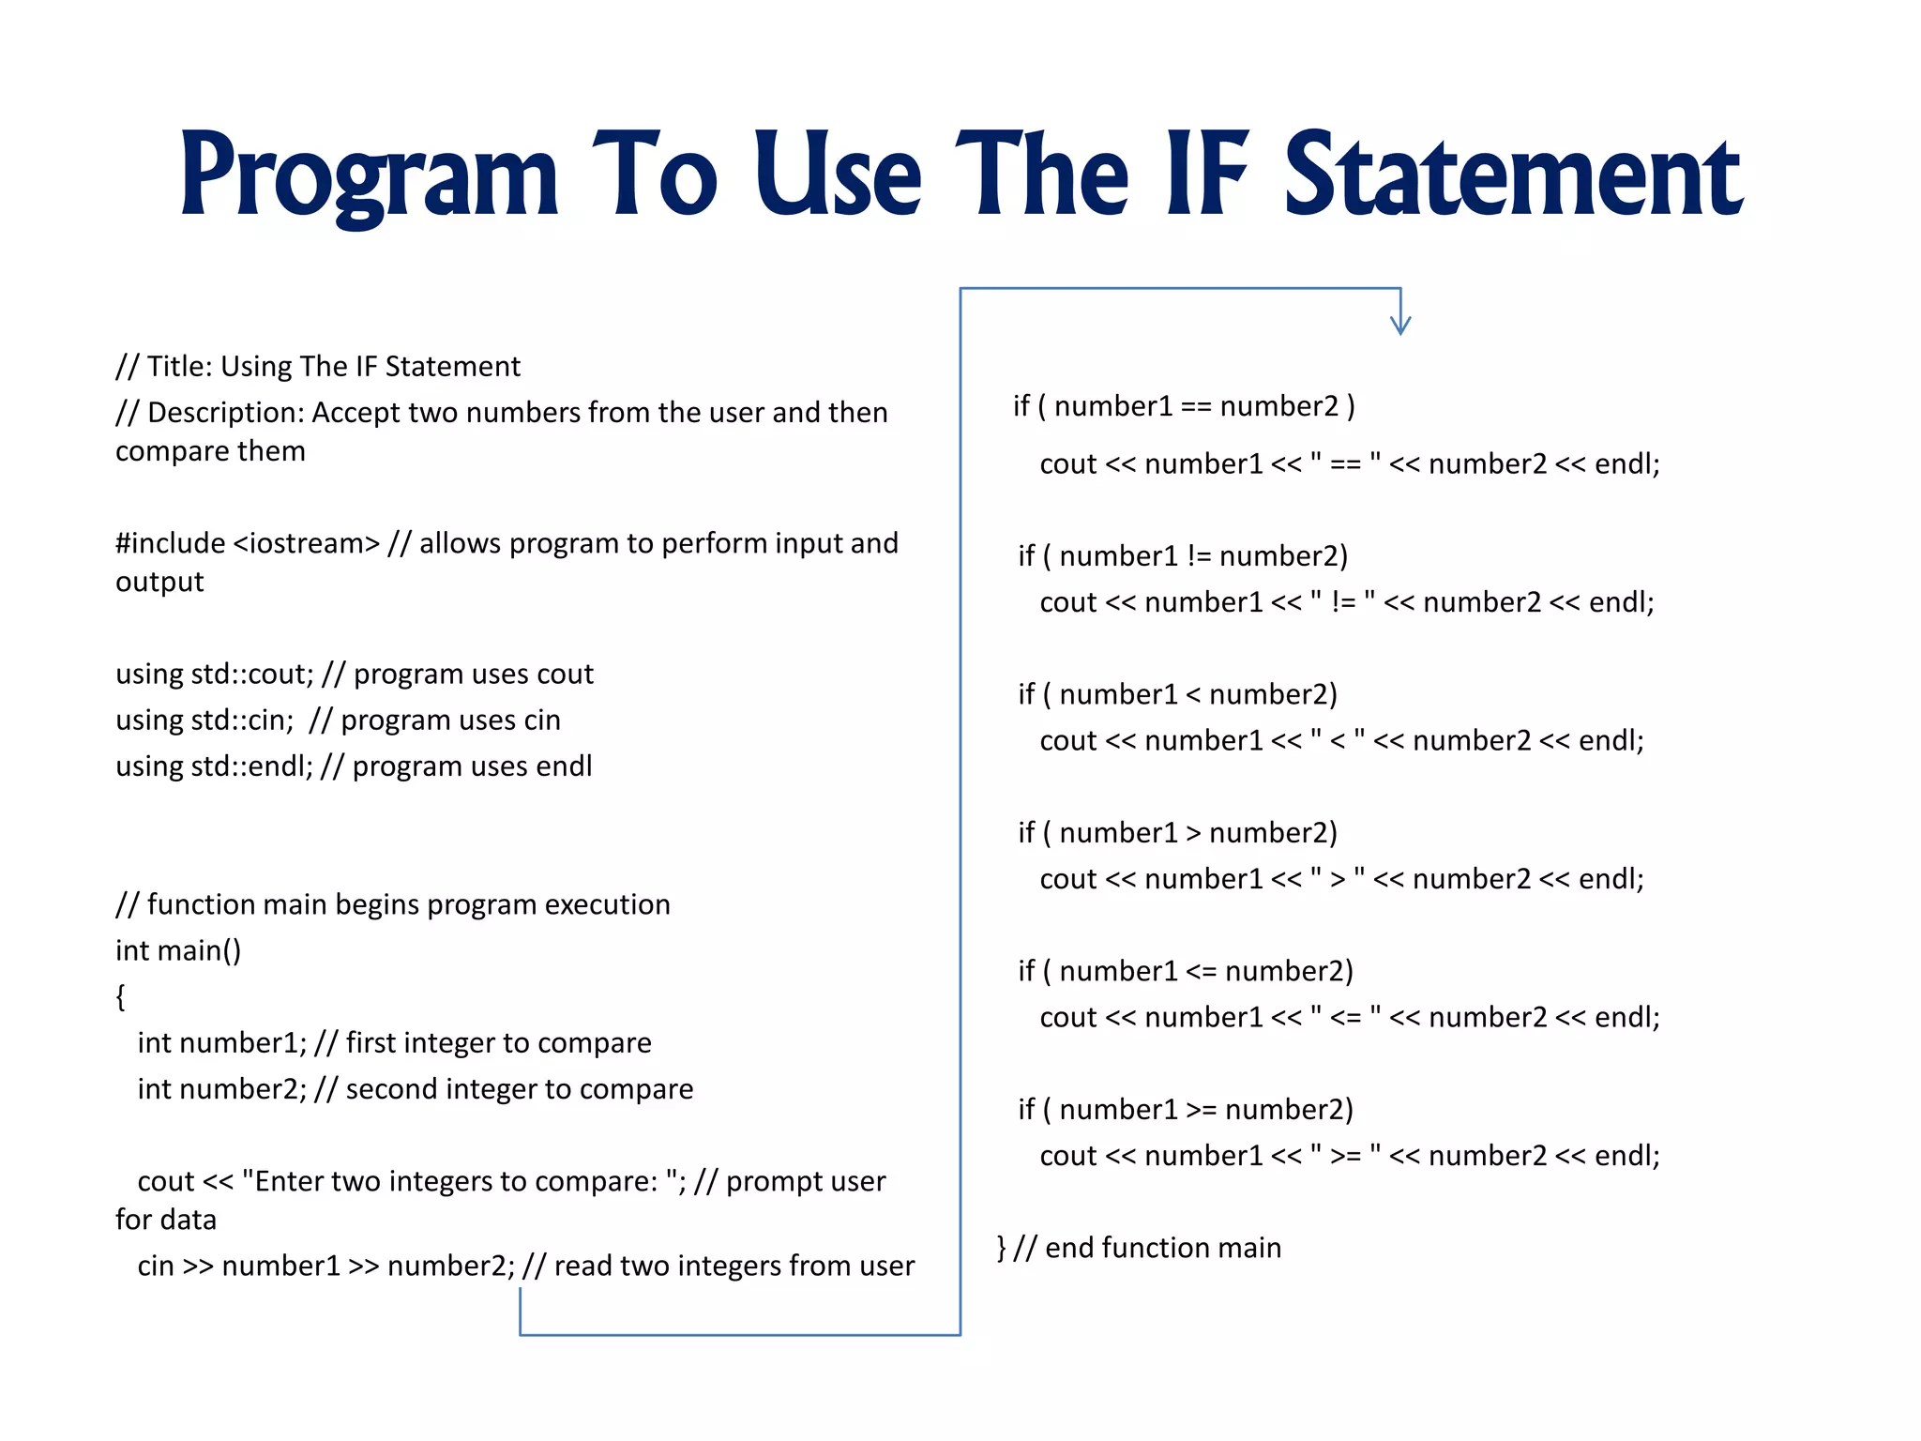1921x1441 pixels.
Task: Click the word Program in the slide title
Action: pyautogui.click(x=369, y=176)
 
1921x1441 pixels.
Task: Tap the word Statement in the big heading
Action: pyautogui.click(x=1512, y=176)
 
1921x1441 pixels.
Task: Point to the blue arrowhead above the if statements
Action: pyautogui.click(x=1400, y=324)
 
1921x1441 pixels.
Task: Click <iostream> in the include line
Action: pyautogui.click(x=307, y=543)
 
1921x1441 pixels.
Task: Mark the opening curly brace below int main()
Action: pyautogui.click(x=120, y=996)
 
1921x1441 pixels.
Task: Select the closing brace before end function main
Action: pyautogui.click(x=1001, y=1248)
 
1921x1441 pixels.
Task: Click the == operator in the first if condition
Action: pyautogui.click(x=1196, y=406)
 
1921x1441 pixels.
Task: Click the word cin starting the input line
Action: pyautogui.click(x=156, y=1266)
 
